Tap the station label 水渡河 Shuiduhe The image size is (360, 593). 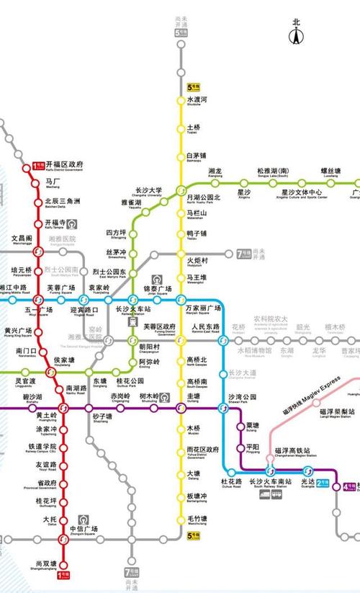197,100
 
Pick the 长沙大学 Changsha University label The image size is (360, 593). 148,191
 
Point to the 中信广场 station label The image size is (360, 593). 84,531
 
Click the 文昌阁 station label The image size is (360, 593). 22,238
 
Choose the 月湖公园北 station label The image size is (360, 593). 202,198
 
